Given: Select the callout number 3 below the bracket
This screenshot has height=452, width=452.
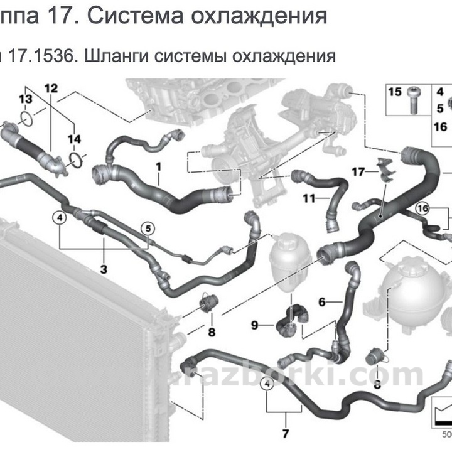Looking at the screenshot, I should point(104,269).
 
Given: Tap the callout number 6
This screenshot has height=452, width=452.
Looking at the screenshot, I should point(322,302).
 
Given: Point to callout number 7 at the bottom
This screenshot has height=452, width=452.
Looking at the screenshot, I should point(285,433).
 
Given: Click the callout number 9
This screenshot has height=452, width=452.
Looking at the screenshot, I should point(255,325).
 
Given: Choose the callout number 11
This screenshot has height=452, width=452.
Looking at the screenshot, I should point(308,200).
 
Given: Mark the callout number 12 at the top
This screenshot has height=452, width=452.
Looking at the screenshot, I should point(51,87).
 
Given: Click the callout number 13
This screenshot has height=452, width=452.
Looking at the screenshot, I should point(24,100).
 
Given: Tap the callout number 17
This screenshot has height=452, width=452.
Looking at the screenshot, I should point(358,171).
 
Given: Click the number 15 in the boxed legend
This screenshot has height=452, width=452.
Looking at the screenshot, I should point(394,92).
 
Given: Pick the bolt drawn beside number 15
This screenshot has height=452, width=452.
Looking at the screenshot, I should point(414,99).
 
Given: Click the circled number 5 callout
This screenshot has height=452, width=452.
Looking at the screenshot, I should point(148,229).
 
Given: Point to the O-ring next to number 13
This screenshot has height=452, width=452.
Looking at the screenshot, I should point(26,117).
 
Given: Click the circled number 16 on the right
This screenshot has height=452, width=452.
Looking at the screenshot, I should point(422,208).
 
